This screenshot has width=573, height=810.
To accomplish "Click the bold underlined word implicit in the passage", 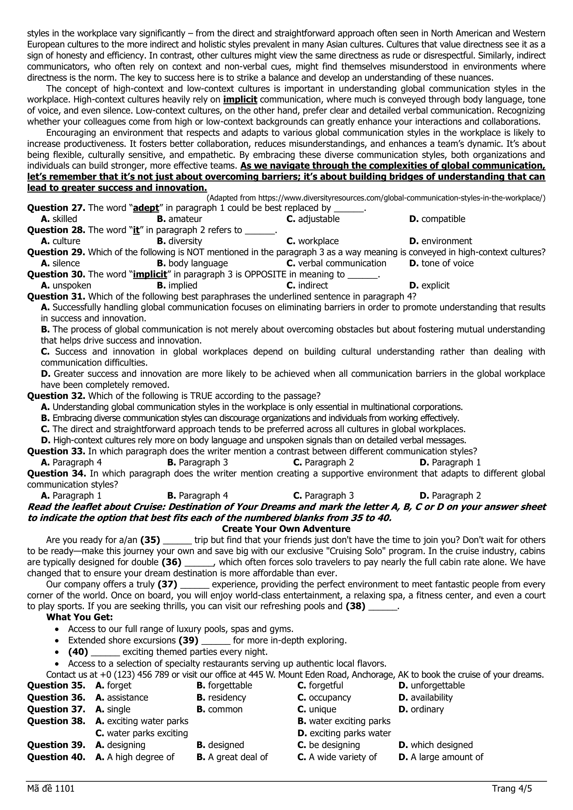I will point(240,99).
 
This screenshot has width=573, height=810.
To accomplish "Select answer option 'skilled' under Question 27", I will point(64,219).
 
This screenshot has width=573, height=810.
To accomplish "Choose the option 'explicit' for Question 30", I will point(435,285).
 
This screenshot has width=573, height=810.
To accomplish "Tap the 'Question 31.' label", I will point(56,296).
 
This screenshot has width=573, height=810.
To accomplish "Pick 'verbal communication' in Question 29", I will point(342,263).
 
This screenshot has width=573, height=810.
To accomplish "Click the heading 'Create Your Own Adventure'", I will point(286,529).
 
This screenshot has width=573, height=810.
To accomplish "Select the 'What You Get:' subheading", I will point(79,617).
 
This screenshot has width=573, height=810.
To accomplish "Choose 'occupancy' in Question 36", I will point(329,697).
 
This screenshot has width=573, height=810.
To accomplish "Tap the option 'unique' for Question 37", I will point(323,709).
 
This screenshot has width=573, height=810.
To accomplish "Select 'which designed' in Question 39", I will point(441,745).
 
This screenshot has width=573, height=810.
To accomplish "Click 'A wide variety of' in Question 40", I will point(343,757).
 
